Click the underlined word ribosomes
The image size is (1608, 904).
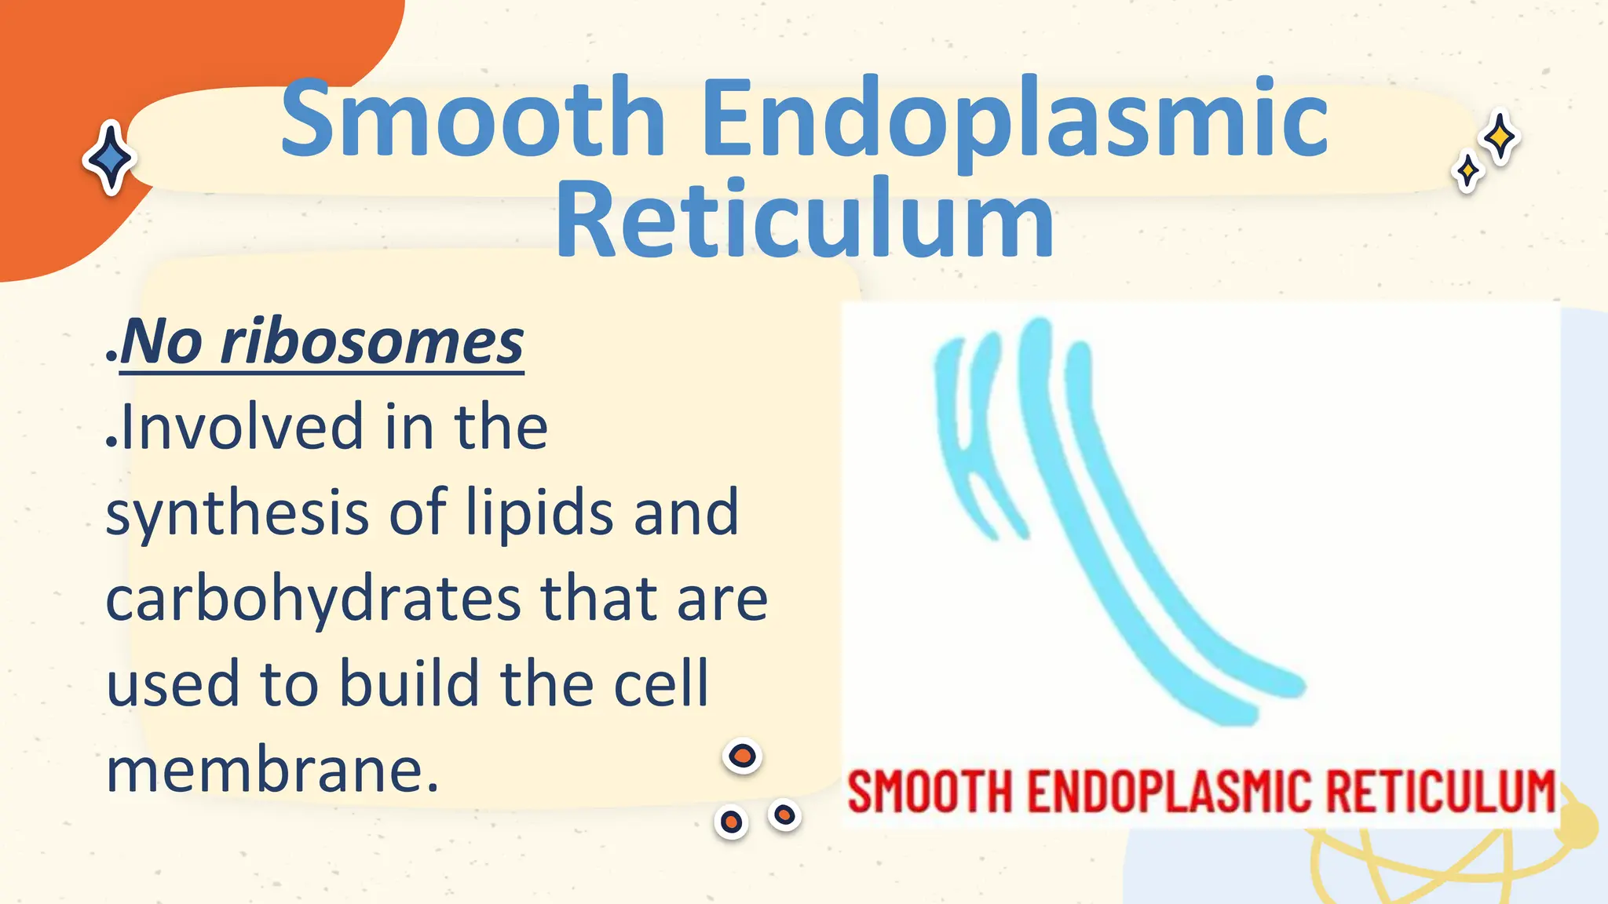tap(372, 343)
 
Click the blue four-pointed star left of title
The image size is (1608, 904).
tap(111, 158)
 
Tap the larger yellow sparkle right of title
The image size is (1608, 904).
tap(1500, 137)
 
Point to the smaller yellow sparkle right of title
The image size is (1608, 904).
tap(1467, 171)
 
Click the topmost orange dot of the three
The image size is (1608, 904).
tap(742, 756)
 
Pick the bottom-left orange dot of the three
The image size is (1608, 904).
tap(732, 822)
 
